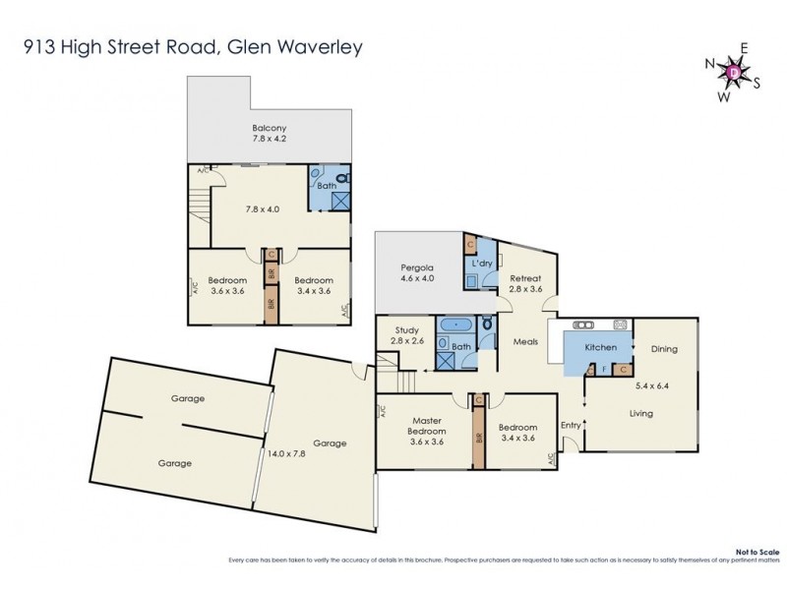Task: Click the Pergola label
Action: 417,272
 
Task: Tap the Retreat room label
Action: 525,284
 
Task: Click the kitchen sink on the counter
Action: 581,324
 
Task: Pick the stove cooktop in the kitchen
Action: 620,324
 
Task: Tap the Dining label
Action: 663,349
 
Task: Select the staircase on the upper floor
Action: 200,211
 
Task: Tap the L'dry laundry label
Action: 482,265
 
